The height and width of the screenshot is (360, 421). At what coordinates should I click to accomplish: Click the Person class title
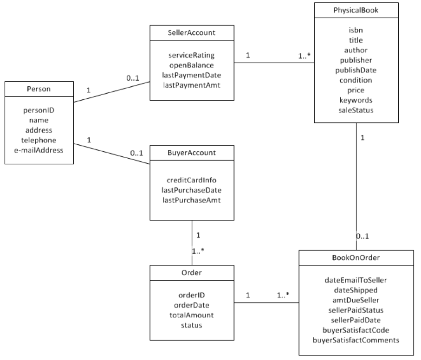[39, 89]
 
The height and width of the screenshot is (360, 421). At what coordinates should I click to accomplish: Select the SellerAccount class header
[191, 33]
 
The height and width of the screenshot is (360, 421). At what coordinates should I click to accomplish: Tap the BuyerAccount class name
[191, 153]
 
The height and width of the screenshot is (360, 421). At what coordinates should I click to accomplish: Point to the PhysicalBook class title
[356, 10]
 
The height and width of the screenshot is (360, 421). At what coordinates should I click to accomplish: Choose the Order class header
[191, 272]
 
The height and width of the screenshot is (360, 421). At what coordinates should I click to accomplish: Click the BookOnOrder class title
[356, 258]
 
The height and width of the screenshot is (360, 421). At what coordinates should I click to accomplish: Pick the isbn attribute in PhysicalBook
[356, 30]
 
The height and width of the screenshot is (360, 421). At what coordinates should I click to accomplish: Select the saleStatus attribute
[356, 110]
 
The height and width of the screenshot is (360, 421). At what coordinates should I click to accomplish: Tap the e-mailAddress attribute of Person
[39, 150]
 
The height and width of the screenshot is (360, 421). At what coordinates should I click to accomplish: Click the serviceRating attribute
[191, 55]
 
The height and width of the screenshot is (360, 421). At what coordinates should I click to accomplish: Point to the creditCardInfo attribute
[191, 180]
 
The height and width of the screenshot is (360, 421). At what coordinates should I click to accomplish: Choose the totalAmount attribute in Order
[191, 315]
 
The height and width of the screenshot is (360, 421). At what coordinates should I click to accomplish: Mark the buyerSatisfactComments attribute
[356, 340]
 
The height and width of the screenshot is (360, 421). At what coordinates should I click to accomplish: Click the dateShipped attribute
[356, 290]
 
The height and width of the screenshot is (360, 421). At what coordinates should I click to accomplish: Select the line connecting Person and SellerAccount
[112, 92]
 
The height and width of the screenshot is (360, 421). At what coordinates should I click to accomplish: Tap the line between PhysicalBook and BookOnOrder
[356, 186]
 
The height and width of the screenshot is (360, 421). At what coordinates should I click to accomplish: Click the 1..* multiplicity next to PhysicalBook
[304, 56]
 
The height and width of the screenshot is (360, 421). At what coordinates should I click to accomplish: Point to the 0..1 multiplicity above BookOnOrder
[363, 236]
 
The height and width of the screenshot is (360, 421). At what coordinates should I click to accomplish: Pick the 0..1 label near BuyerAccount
[136, 153]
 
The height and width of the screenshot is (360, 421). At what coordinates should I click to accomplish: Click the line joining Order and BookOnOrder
[266, 303]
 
